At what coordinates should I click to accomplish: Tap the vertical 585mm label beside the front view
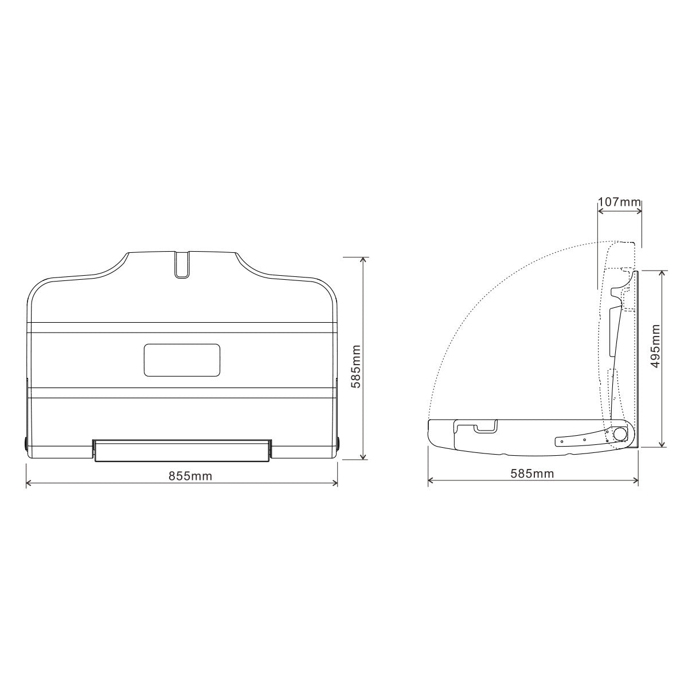pos(356,366)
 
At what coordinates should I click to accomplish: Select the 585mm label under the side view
pos(532,474)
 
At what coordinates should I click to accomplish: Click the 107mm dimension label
pos(619,202)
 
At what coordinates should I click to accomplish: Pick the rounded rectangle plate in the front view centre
pos(182,360)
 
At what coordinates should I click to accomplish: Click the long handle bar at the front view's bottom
pos(182,451)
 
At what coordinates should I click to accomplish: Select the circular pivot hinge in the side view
pos(619,434)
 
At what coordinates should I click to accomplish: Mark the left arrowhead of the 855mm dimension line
pos(29,484)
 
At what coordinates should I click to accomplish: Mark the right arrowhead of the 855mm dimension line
pos(335,484)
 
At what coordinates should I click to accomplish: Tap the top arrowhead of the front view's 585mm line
pos(363,259)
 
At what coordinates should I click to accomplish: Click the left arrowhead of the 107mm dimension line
pos(600,211)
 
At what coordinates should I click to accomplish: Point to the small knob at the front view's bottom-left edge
pos(26,443)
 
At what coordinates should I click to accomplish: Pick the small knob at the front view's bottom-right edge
pos(338,443)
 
